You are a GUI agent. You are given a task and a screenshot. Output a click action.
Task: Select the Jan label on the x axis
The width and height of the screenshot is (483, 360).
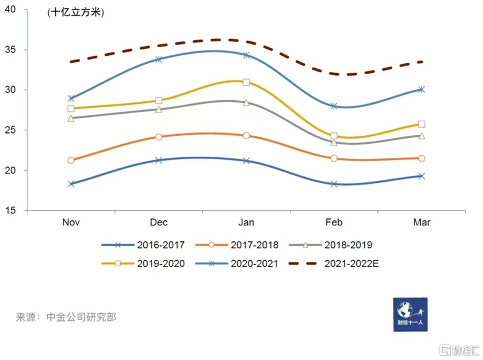click(x=246, y=223)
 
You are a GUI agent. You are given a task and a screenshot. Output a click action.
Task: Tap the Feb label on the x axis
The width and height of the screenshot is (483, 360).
click(x=334, y=223)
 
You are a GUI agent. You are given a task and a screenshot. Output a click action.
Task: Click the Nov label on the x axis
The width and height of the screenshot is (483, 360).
click(x=71, y=223)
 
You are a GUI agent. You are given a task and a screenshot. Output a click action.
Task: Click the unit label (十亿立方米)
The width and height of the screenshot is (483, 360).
click(x=76, y=12)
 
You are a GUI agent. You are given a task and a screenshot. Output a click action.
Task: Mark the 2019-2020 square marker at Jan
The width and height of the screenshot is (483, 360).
click(x=246, y=82)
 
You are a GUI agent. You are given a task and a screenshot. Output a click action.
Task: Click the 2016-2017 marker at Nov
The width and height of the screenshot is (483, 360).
click(x=71, y=183)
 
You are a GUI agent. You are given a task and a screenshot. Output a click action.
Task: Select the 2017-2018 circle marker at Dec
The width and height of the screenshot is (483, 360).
click(x=159, y=137)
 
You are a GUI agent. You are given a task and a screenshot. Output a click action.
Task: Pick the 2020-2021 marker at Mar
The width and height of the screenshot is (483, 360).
click(x=421, y=90)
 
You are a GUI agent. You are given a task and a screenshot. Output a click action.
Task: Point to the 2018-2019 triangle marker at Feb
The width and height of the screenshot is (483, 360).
click(x=334, y=142)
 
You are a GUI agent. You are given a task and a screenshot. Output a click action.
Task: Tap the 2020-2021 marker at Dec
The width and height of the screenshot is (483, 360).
click(x=159, y=59)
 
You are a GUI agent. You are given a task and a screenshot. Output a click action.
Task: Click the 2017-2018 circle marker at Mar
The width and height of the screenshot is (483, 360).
click(x=421, y=158)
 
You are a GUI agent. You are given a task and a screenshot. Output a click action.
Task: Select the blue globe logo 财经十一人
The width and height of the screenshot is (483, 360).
click(x=411, y=314)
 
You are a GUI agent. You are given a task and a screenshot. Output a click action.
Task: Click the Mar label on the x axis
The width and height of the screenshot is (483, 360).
click(x=421, y=223)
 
